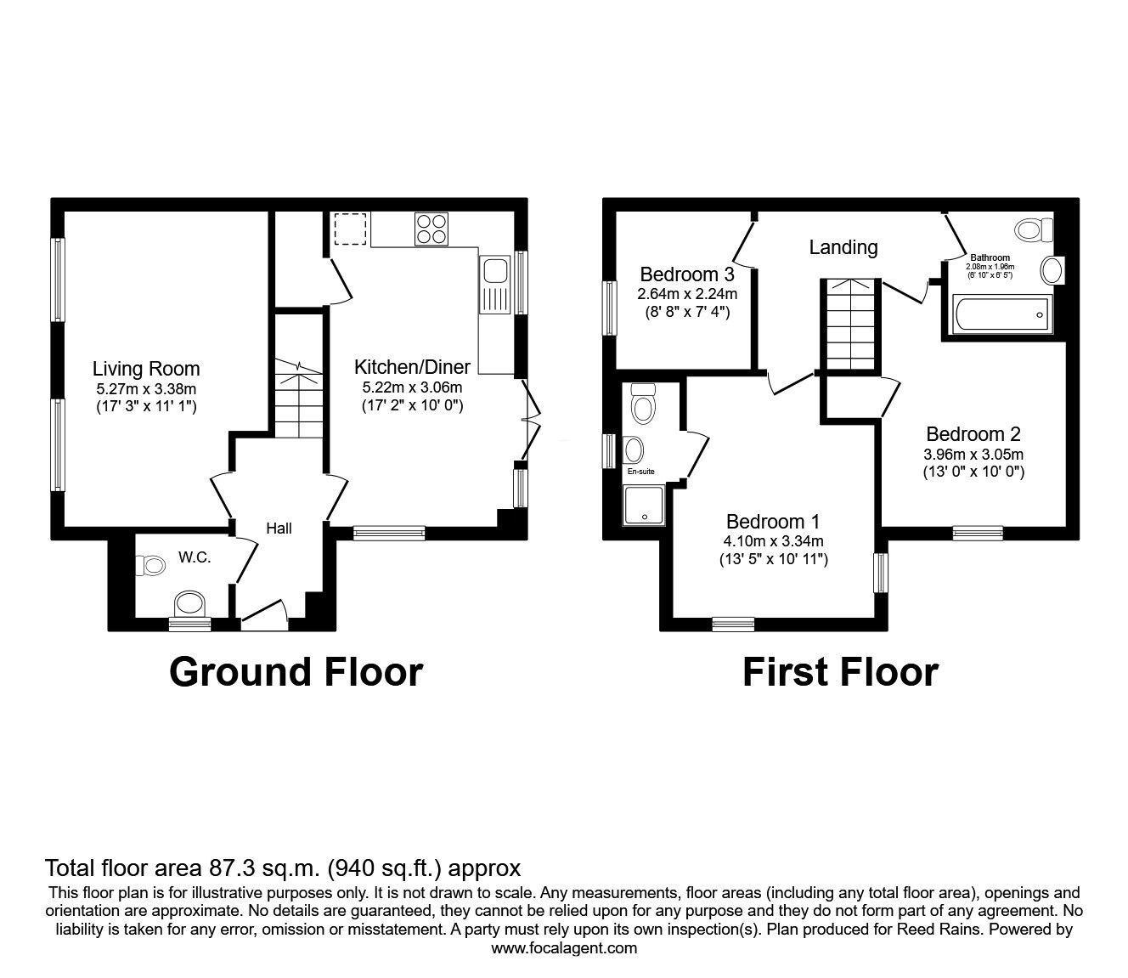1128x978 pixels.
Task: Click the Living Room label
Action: click(146, 369)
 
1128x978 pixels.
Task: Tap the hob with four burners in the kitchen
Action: click(431, 229)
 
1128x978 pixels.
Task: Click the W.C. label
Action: click(195, 557)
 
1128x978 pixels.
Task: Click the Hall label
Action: click(279, 529)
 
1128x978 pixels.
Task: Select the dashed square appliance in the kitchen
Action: click(348, 229)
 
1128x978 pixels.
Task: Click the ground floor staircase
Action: click(298, 399)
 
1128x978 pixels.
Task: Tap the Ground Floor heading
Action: click(296, 672)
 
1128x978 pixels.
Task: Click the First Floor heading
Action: click(840, 672)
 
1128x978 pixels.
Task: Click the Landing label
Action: click(843, 247)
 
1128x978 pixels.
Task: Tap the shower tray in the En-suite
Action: click(644, 506)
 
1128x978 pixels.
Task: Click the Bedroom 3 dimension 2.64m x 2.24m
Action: click(687, 294)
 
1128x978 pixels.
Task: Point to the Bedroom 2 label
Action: click(973, 433)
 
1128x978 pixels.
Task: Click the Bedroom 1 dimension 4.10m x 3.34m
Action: click(772, 541)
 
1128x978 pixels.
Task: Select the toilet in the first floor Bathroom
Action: click(1032, 229)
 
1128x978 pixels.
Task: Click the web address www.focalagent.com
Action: click(564, 948)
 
